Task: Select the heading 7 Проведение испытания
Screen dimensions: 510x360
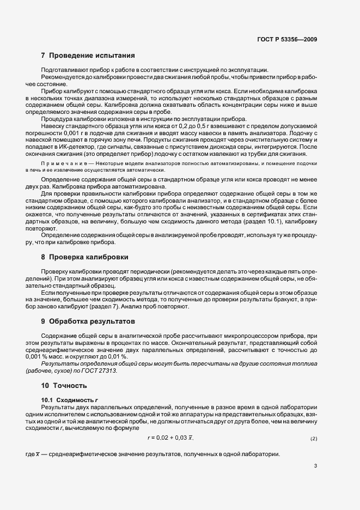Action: pos(88,56)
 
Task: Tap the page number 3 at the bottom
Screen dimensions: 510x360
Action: pos(315,465)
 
